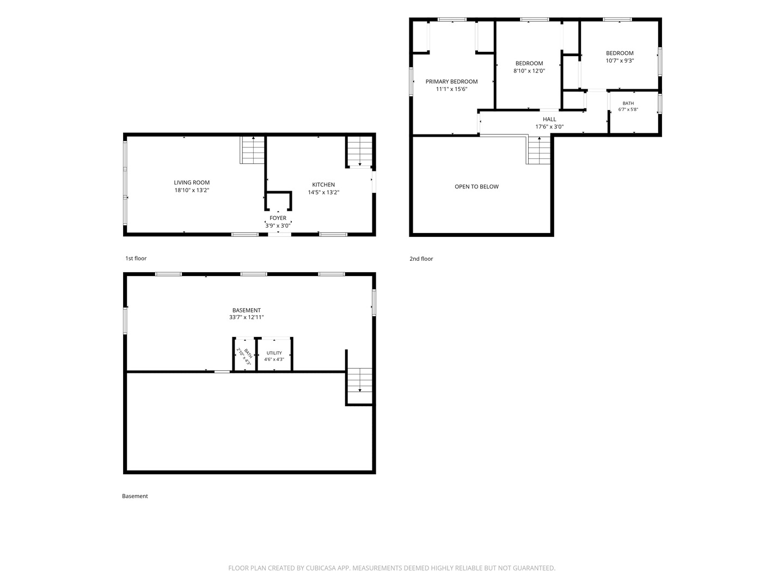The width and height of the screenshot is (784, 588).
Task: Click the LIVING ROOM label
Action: pyautogui.click(x=192, y=182)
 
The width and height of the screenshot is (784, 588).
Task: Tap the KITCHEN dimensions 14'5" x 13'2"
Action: pyautogui.click(x=323, y=192)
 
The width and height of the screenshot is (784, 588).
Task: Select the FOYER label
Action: pyautogui.click(x=278, y=218)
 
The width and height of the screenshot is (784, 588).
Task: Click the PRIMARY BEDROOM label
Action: pyautogui.click(x=451, y=82)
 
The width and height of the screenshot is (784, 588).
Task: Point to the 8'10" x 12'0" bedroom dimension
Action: pyautogui.click(x=529, y=71)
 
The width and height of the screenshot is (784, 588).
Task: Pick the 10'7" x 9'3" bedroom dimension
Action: pyautogui.click(x=620, y=60)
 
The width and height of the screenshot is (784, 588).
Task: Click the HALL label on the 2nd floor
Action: pyautogui.click(x=549, y=119)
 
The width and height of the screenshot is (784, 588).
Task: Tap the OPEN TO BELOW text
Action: pyautogui.click(x=476, y=186)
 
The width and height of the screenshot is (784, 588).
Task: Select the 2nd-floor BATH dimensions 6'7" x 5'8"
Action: pyautogui.click(x=628, y=109)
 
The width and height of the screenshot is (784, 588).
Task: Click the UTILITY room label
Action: pyautogui.click(x=274, y=353)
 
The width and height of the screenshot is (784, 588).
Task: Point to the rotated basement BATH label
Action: pyautogui.click(x=248, y=353)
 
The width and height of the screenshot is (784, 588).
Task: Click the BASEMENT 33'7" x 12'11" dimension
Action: pyautogui.click(x=246, y=317)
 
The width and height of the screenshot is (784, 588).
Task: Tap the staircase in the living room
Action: pyautogui.click(x=253, y=150)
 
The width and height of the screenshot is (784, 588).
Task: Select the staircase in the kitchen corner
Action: pyautogui.click(x=359, y=151)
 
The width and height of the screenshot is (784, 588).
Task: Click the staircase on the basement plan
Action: pyautogui.click(x=359, y=385)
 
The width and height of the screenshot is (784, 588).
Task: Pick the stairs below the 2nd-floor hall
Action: pyautogui.click(x=538, y=150)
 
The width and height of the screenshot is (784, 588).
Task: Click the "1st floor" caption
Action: pyautogui.click(x=136, y=258)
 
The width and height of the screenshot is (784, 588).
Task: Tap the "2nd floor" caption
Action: pyautogui.click(x=421, y=259)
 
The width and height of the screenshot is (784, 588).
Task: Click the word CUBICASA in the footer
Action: pyautogui.click(x=321, y=568)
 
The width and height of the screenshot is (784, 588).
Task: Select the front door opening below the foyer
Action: pyautogui.click(x=279, y=235)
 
